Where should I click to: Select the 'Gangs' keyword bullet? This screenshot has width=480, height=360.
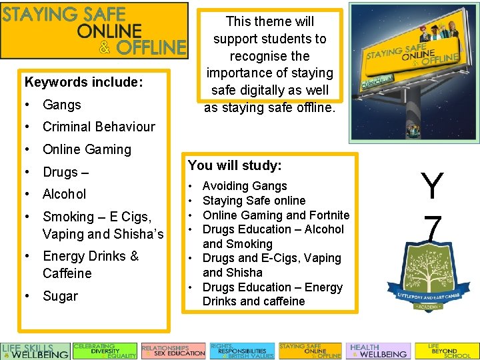click(61, 105)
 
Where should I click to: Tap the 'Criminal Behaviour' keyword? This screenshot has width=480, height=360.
click(98, 127)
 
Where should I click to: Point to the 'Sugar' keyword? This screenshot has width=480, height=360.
click(60, 296)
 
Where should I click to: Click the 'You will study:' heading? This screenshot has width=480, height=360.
click(235, 165)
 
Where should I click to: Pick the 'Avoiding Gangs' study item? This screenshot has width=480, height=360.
click(244, 186)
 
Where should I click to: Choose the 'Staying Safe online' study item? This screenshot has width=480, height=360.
click(253, 201)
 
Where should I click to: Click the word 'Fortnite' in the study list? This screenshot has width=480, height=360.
click(328, 215)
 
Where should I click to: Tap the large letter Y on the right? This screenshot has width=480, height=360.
click(432, 187)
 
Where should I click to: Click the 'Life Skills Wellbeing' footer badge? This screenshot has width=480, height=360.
click(35, 351)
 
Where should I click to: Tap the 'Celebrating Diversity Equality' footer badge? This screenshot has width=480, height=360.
click(105, 351)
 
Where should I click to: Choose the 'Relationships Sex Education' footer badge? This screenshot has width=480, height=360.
click(173, 351)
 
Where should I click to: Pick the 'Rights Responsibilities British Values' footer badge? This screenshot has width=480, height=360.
click(242, 351)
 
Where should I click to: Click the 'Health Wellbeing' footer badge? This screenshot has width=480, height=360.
click(378, 351)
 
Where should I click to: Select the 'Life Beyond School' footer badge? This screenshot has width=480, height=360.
click(447, 351)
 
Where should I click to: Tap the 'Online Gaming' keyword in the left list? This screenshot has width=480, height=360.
click(87, 149)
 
